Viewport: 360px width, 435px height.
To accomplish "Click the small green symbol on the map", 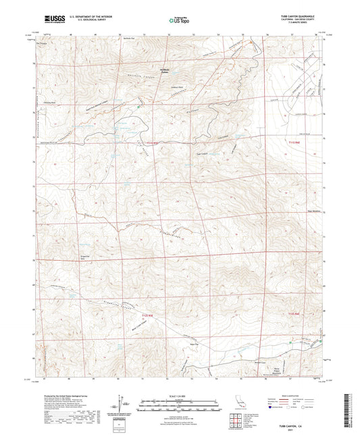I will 139,106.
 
